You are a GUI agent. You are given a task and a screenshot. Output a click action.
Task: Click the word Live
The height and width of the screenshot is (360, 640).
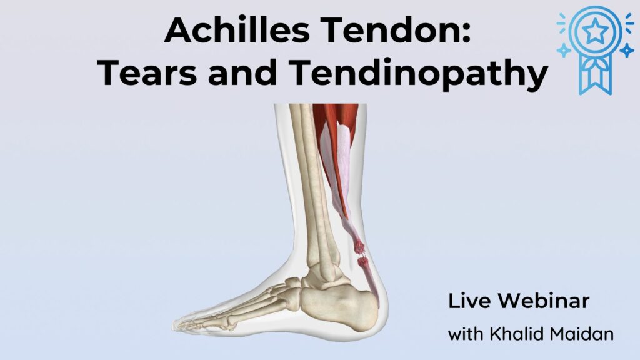(x=469, y=301)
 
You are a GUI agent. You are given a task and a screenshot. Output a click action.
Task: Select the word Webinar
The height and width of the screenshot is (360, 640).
(x=544, y=301)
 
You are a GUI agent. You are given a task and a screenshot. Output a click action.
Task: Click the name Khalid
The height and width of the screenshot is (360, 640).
(x=516, y=334)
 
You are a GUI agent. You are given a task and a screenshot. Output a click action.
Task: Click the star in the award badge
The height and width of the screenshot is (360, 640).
(x=596, y=31)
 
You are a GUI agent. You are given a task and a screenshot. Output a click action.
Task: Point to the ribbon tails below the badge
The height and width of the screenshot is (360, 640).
(x=596, y=77)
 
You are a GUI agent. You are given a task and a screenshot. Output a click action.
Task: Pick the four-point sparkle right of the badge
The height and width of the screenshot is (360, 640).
(x=626, y=51)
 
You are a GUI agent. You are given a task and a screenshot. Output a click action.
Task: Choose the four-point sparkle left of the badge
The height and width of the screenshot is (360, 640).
(x=564, y=51)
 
